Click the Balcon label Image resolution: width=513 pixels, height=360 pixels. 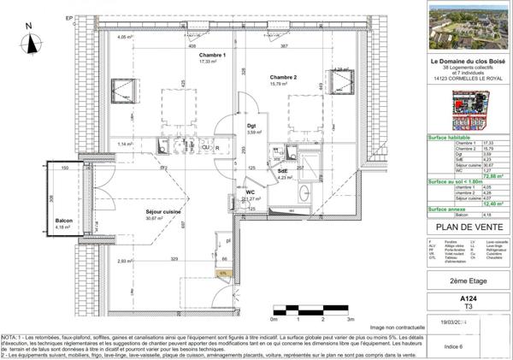click(63, 221)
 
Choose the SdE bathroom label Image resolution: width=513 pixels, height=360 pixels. click(283, 170)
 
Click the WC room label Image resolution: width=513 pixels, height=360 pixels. click(251, 192)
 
